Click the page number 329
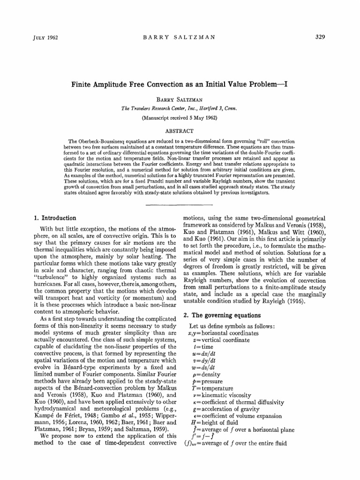(x=320, y=37)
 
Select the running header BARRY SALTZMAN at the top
(x=180, y=37)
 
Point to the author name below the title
(x=180, y=100)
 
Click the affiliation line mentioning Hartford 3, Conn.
(x=180, y=109)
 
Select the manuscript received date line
(x=180, y=118)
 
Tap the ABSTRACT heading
(x=180, y=131)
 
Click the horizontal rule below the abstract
(x=180, y=205)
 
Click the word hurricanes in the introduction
(x=48, y=277)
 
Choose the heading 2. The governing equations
(x=223, y=315)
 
